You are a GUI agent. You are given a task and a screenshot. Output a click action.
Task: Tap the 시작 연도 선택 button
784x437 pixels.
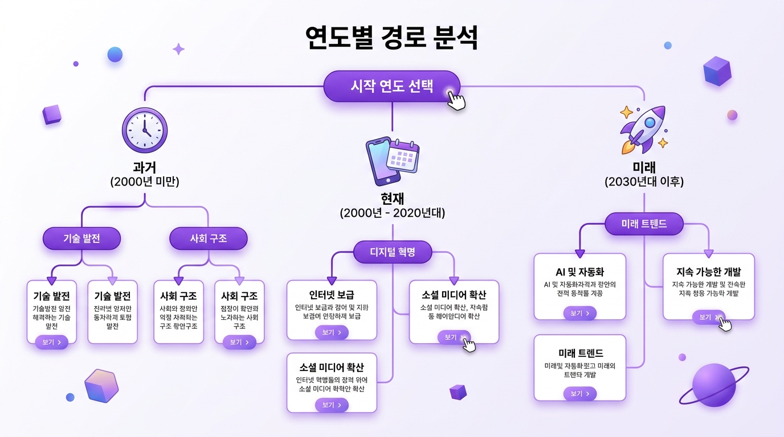pos(391,86)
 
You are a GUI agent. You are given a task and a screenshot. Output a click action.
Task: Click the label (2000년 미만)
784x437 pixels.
pos(145,182)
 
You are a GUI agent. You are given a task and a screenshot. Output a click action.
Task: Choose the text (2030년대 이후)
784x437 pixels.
pos(644,182)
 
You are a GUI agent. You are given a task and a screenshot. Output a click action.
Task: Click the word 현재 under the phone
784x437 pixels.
pos(393,199)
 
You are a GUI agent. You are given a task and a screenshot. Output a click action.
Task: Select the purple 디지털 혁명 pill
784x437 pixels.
pos(393,252)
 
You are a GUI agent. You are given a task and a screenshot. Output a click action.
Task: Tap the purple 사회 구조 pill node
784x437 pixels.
pos(209,238)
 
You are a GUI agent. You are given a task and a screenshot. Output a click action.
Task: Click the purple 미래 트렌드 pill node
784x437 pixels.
pos(644,224)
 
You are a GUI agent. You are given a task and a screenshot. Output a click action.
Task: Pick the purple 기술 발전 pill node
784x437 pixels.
pos(81,238)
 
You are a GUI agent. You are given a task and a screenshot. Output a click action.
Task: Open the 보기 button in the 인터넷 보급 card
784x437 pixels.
pos(332,333)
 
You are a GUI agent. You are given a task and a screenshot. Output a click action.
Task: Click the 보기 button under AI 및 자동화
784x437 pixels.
pos(579,313)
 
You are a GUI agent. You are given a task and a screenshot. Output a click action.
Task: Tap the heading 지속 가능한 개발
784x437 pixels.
pos(708,271)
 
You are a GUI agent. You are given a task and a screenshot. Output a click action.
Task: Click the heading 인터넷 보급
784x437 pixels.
pos(331,295)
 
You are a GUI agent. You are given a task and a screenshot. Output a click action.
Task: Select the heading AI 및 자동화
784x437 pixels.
pos(579,271)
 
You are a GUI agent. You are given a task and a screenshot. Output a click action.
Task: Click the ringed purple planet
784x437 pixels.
pos(714,385)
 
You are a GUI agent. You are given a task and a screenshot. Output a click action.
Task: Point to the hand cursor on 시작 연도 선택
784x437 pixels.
pos(456,101)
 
